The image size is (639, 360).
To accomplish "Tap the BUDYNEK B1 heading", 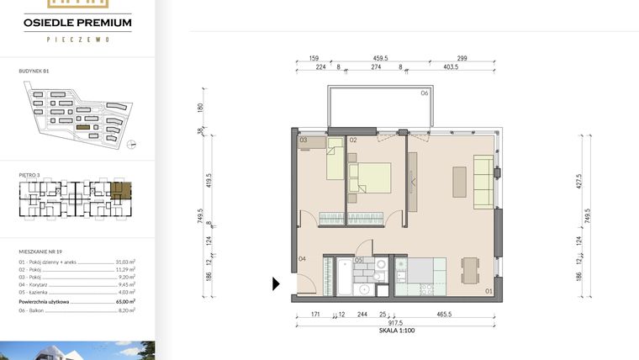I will (x=34, y=73).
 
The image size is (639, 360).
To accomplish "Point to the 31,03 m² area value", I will (x=126, y=262).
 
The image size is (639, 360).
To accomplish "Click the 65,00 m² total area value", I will (x=126, y=300).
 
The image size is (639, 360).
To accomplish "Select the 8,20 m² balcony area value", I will (x=127, y=310).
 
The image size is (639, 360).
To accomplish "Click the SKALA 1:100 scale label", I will (x=398, y=331).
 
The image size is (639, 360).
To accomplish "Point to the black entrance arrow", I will (x=276, y=284).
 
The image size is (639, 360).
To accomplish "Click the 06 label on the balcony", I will (x=425, y=93).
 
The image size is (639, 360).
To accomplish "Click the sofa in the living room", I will (x=484, y=182).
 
